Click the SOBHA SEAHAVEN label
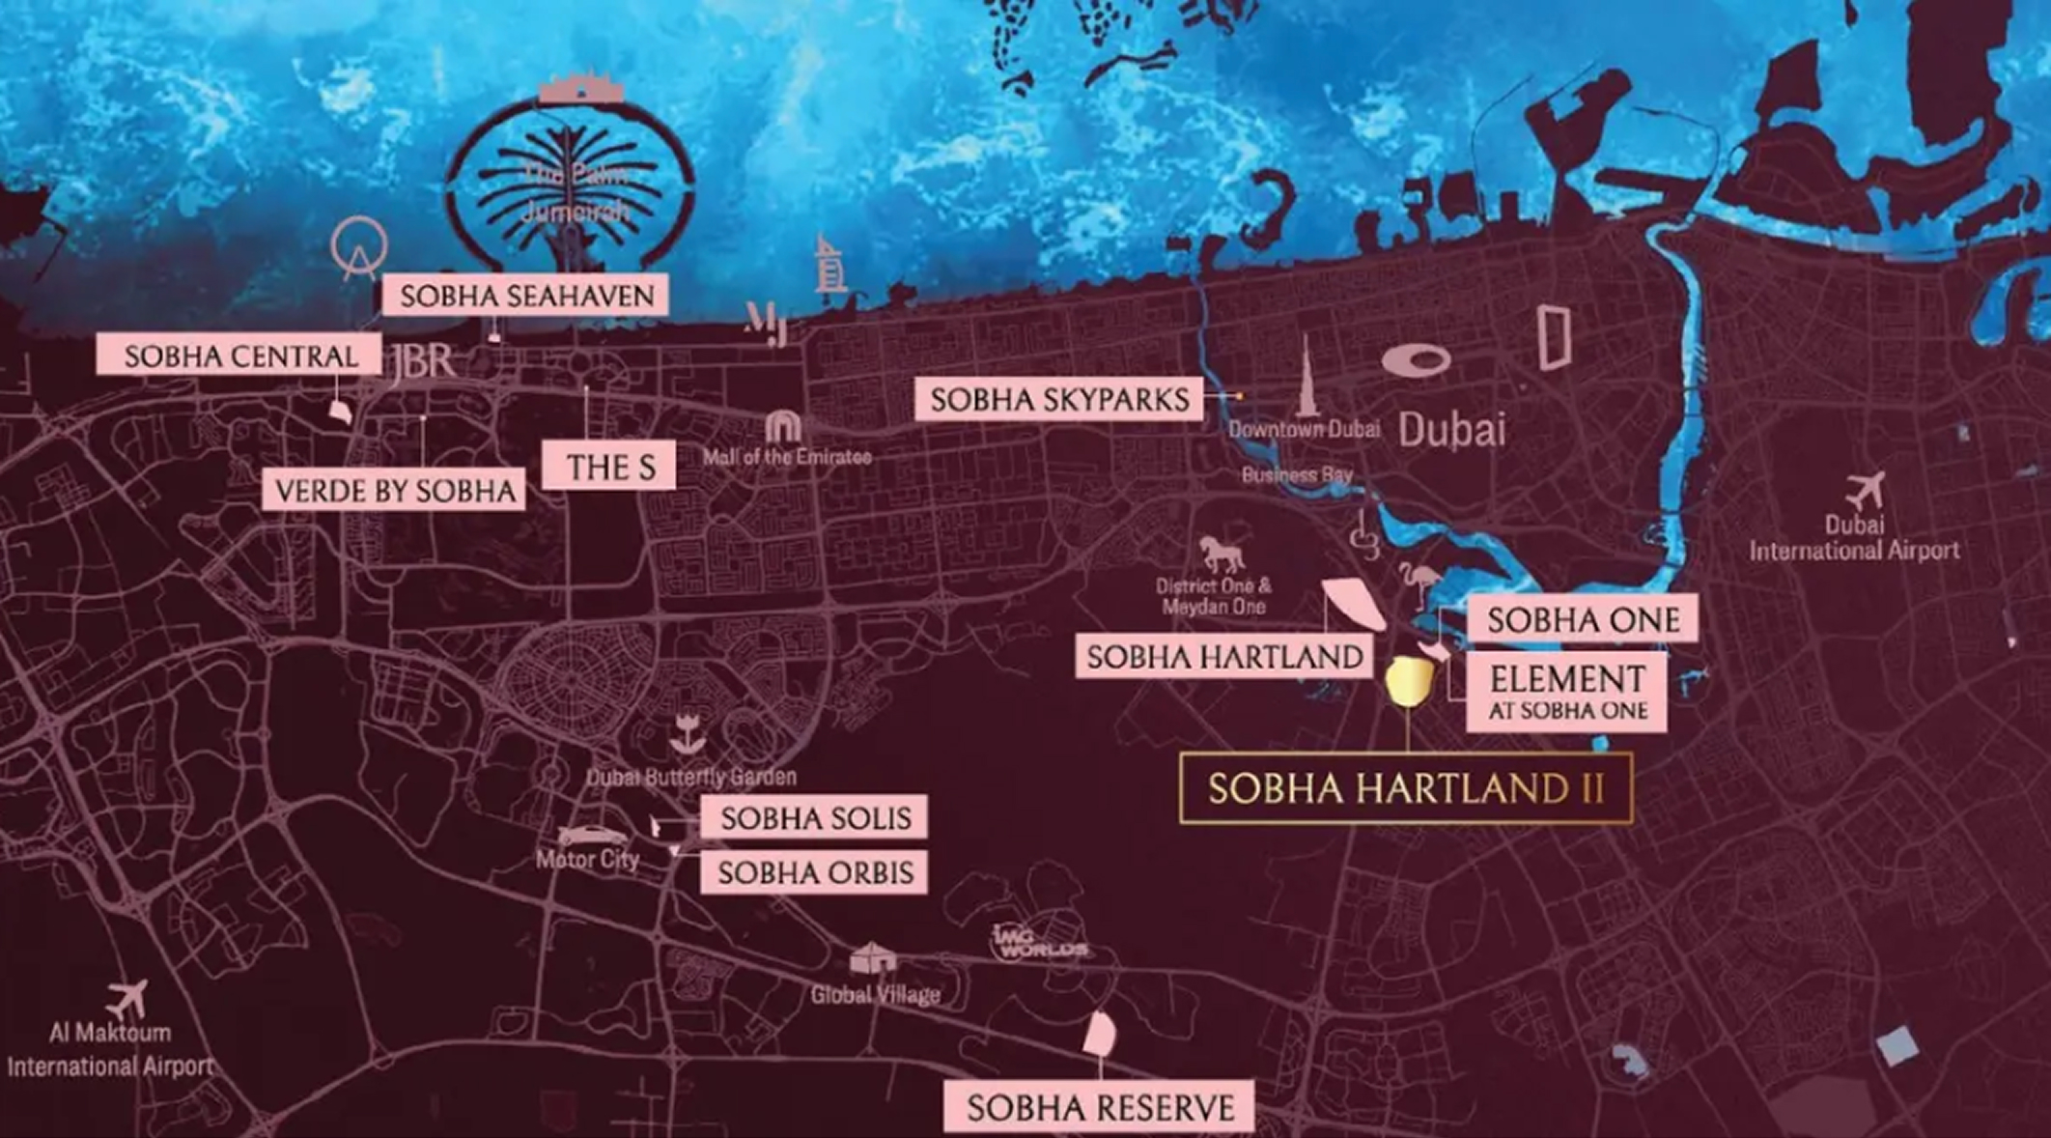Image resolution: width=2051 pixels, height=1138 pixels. (525, 295)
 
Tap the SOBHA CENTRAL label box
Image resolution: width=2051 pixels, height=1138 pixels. (239, 356)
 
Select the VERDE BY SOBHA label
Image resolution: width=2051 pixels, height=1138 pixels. (394, 490)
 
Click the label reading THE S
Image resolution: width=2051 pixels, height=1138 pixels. (609, 467)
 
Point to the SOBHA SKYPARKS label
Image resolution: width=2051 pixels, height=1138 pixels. (1058, 399)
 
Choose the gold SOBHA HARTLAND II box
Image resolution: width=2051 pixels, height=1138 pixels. (1405, 788)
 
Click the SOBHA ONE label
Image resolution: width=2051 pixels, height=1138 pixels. (1582, 619)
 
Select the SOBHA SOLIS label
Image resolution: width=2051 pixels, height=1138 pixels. (814, 817)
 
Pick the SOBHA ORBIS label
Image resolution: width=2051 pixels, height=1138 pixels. (814, 872)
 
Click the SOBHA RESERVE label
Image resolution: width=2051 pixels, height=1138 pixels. (1099, 1107)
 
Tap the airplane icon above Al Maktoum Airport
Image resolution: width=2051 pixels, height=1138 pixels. (127, 998)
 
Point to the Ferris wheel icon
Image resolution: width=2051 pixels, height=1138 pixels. (358, 247)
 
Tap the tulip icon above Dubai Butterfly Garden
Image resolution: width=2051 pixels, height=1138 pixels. (688, 734)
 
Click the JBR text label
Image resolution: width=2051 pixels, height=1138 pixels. (422, 362)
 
